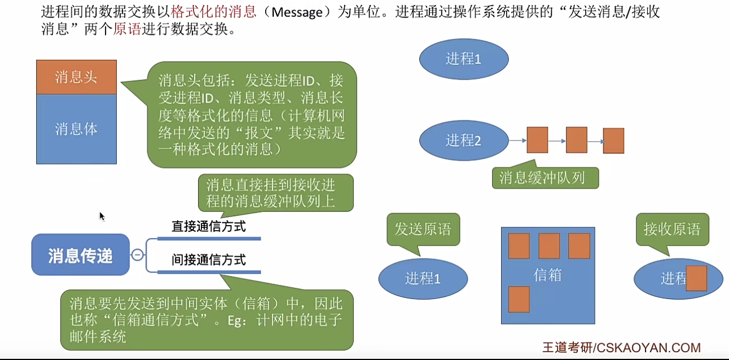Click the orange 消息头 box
click(x=76, y=77)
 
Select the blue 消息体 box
click(x=76, y=129)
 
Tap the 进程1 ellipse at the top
click(x=464, y=59)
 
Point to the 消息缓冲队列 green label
click(x=545, y=178)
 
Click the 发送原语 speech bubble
click(x=423, y=229)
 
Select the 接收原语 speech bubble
click(x=672, y=229)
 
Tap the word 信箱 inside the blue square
click(x=547, y=275)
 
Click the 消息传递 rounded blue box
click(x=80, y=255)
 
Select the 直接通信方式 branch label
click(x=209, y=227)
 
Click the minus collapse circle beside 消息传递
click(x=137, y=255)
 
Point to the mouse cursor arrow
click(x=102, y=216)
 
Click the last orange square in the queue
click(x=613, y=141)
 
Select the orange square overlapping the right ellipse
click(x=696, y=278)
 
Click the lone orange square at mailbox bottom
click(x=519, y=299)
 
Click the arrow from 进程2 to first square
click(x=517, y=141)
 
